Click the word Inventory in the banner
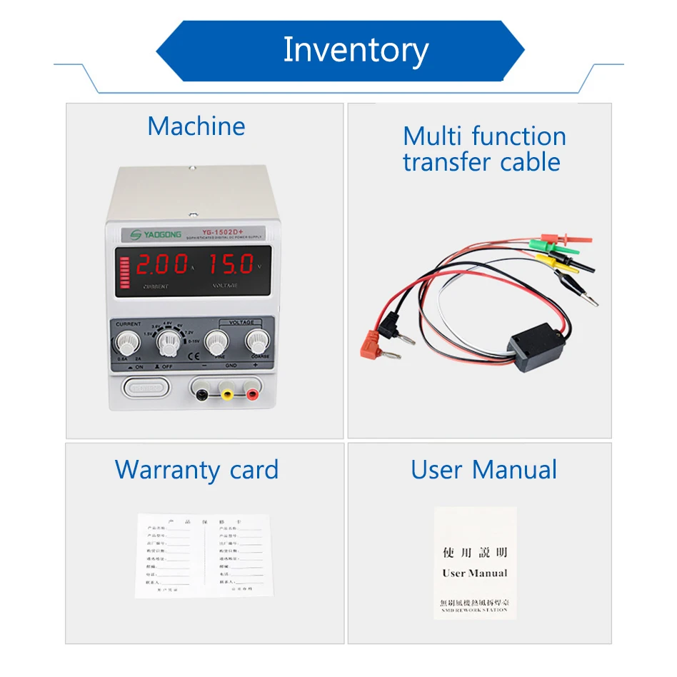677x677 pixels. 356,50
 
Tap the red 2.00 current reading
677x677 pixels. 161,266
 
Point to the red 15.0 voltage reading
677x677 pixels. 231,265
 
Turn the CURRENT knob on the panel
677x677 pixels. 129,339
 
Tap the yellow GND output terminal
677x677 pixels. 227,390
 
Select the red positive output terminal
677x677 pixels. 251,390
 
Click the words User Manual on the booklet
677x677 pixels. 474,573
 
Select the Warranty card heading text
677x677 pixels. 196,470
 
